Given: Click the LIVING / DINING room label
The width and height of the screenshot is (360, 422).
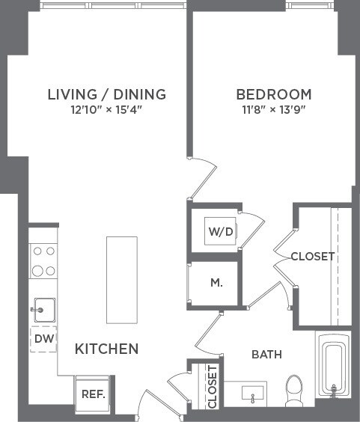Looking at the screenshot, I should pyautogui.click(x=106, y=95).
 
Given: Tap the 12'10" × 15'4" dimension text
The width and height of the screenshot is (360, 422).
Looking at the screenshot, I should pyautogui.click(x=106, y=110).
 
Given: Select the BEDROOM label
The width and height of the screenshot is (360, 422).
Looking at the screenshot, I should pyautogui.click(x=273, y=95).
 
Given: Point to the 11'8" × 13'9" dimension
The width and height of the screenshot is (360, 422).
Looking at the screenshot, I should pyautogui.click(x=273, y=110).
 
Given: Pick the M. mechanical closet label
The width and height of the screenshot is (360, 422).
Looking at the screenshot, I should pyautogui.click(x=216, y=283).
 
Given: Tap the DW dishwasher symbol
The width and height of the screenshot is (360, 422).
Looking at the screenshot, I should pyautogui.click(x=43, y=339).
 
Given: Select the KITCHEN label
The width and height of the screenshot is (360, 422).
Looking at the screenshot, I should pyautogui.click(x=106, y=349).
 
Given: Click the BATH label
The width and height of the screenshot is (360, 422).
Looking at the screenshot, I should pyautogui.click(x=266, y=354).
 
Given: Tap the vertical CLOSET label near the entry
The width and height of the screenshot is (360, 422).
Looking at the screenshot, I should pyautogui.click(x=212, y=387).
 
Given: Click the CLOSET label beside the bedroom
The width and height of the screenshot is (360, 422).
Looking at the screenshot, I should pyautogui.click(x=312, y=257).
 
